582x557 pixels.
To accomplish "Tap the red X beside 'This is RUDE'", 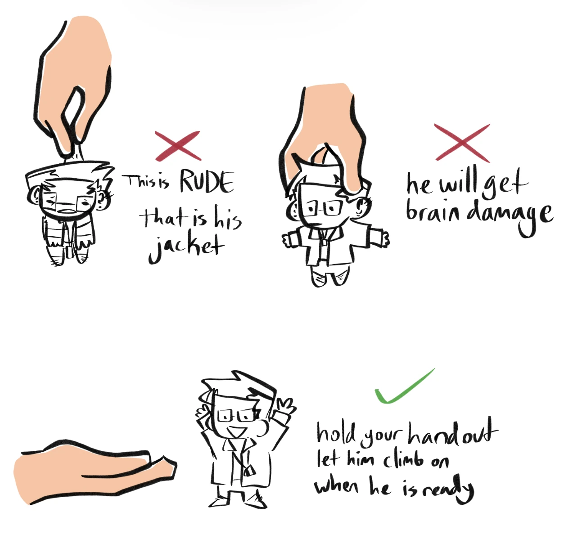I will click(178, 146).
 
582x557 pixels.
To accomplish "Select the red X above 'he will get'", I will click(462, 143).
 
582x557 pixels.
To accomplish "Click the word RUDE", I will click(207, 182).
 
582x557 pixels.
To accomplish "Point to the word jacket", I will click(186, 247).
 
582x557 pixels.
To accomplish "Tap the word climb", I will click(403, 460).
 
